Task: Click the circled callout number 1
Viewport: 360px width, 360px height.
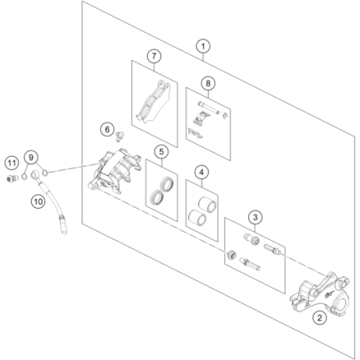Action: [x=203, y=46]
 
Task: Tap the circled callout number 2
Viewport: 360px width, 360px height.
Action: [x=319, y=318]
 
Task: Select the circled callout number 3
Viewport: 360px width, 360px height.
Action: [x=255, y=217]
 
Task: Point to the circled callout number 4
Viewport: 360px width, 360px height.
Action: [x=202, y=172]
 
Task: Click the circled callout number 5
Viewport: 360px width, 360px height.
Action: [x=162, y=152]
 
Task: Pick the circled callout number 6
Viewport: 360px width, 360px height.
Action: [x=107, y=130]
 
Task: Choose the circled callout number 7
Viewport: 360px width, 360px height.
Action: [x=154, y=56]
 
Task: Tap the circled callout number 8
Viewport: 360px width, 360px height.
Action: [x=208, y=83]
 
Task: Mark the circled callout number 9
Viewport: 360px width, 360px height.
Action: [x=31, y=158]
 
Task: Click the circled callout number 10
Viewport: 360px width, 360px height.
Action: [x=38, y=202]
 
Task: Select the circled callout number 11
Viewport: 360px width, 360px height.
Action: [x=12, y=162]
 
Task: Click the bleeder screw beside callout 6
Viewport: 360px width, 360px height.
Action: [x=120, y=136]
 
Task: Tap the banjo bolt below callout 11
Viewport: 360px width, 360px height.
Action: [x=11, y=178]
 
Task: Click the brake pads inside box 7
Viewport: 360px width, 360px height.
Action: [x=154, y=102]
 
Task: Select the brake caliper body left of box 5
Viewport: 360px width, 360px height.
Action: [x=114, y=170]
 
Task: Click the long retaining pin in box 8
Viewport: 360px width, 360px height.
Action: [x=209, y=108]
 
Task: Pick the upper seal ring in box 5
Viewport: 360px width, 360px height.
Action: [x=167, y=184]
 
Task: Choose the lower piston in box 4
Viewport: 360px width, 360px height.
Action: [x=197, y=218]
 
